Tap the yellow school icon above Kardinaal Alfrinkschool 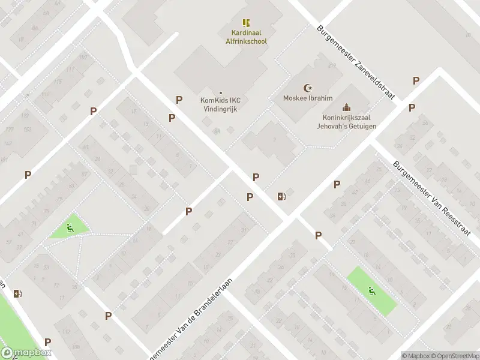(x=246, y=22)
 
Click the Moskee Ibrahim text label (x=308, y=98)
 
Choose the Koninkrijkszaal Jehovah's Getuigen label (x=346, y=122)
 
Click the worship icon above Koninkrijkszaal (x=346, y=108)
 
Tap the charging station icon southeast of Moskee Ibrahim (x=281, y=196)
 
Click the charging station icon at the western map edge (x=17, y=293)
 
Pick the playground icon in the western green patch (x=70, y=227)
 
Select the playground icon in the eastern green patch (x=371, y=291)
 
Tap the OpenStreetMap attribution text (x=453, y=356)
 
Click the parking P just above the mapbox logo (x=47, y=342)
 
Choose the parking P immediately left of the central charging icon (x=250, y=197)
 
